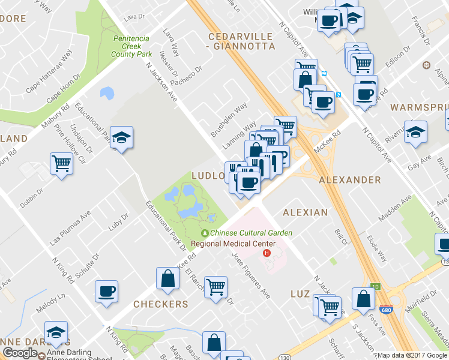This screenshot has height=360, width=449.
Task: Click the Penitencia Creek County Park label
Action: pyautogui.click(x=131, y=46)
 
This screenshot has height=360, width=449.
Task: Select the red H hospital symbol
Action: pyautogui.click(x=267, y=254)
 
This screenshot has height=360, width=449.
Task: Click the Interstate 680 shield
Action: pyautogui.click(x=386, y=309)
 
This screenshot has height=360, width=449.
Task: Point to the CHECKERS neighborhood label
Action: pyautogui.click(x=160, y=304)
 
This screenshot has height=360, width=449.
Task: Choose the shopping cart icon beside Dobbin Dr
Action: pyautogui.click(x=61, y=163)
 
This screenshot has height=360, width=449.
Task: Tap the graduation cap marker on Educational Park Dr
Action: pyautogui.click(x=122, y=137)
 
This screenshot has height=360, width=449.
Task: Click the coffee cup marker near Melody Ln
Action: pyautogui.click(x=106, y=292)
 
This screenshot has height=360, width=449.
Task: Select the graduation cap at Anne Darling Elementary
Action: pyautogui.click(x=56, y=332)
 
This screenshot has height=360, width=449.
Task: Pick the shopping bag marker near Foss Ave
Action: pyautogui.click(x=364, y=299)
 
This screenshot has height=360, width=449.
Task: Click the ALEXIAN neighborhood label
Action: pyautogui.click(x=305, y=212)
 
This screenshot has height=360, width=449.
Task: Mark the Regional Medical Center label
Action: pyautogui.click(x=233, y=244)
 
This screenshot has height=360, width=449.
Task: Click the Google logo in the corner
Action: pyautogui.click(x=20, y=353)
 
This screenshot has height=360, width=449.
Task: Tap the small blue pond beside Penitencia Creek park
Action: pyautogui.click(x=107, y=93)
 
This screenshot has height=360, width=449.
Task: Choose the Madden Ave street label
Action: pyautogui.click(x=397, y=208)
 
